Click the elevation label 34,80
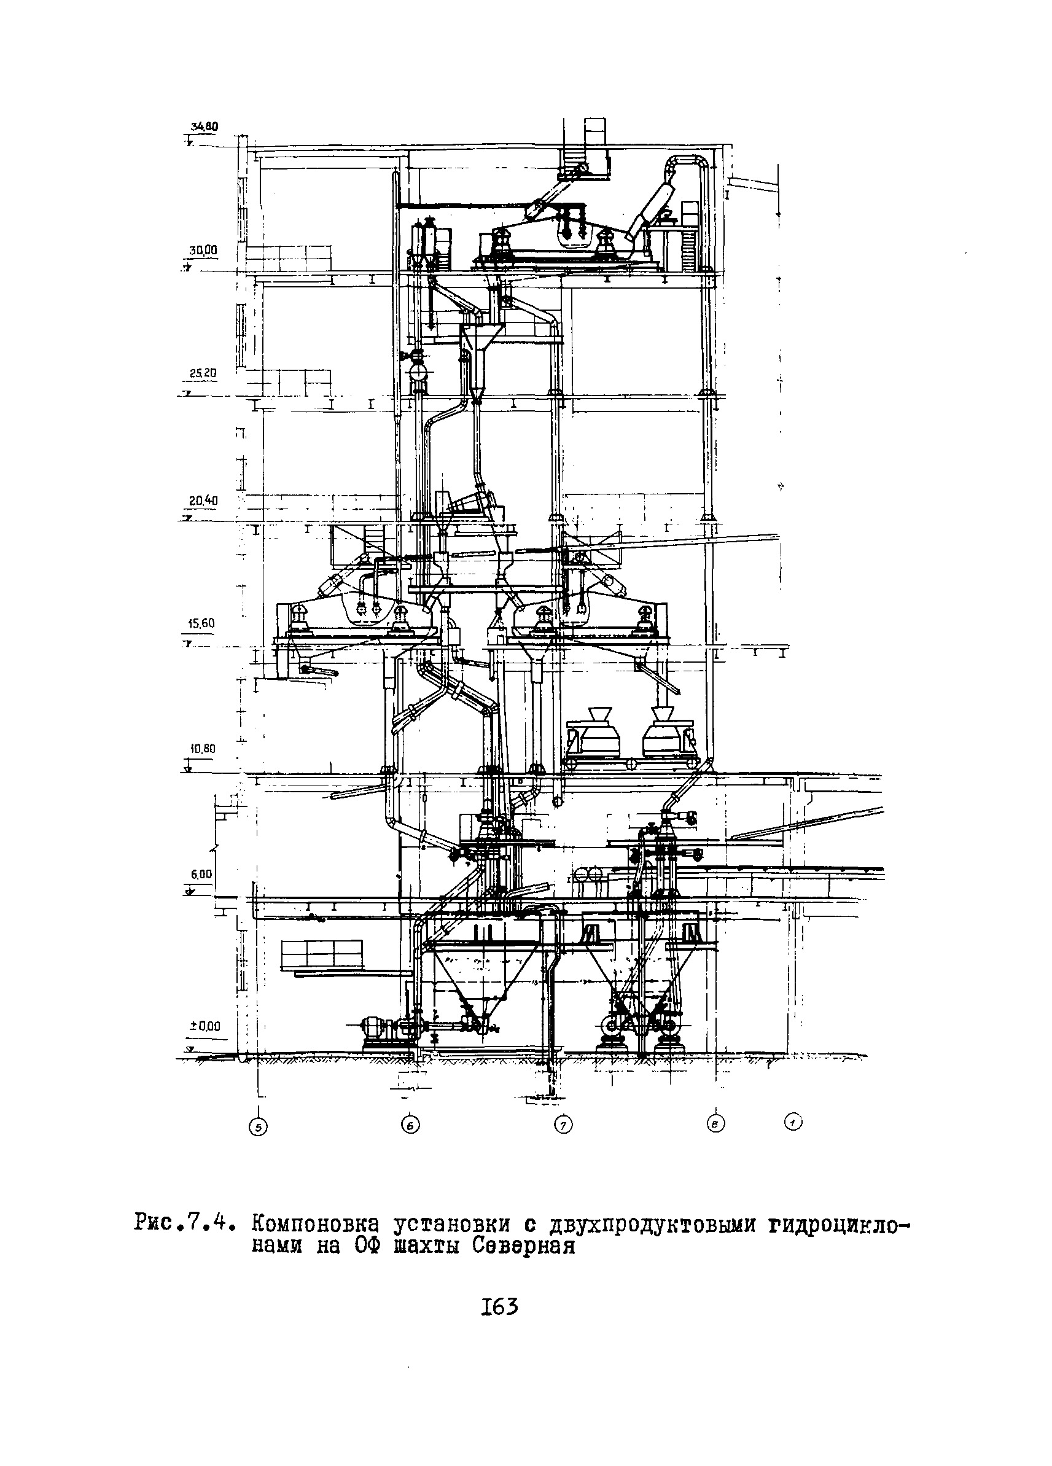(x=204, y=127)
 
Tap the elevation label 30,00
(x=203, y=250)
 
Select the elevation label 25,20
(x=203, y=373)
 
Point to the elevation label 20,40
(x=203, y=501)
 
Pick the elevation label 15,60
(x=201, y=624)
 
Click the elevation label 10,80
(x=201, y=749)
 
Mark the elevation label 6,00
(x=201, y=874)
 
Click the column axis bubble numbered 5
(x=258, y=1128)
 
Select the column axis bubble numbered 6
(x=410, y=1125)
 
